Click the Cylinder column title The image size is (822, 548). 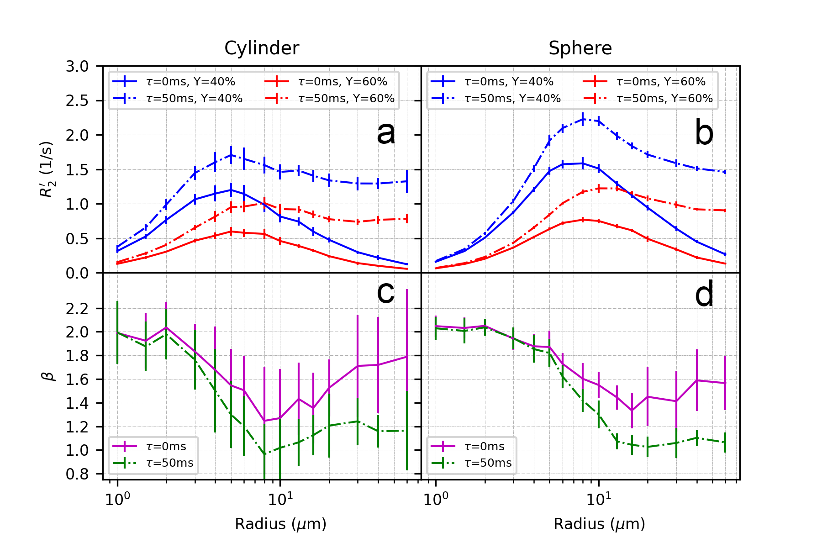(x=262, y=48)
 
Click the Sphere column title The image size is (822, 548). (x=580, y=48)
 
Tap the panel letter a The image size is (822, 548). (x=386, y=133)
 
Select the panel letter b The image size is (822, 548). (x=704, y=133)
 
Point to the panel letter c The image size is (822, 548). (x=385, y=292)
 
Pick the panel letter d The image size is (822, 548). (x=704, y=295)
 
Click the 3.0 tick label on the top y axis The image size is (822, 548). (x=77, y=67)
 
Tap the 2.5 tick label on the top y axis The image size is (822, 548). (x=77, y=101)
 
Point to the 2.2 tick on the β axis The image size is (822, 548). (x=77, y=309)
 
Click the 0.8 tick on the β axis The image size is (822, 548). (x=77, y=474)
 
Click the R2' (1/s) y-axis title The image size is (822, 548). (x=47, y=169)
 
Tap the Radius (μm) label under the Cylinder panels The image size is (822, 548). (x=280, y=524)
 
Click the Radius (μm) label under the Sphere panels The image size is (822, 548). (x=599, y=524)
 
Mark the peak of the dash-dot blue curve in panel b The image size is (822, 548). (x=583, y=120)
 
